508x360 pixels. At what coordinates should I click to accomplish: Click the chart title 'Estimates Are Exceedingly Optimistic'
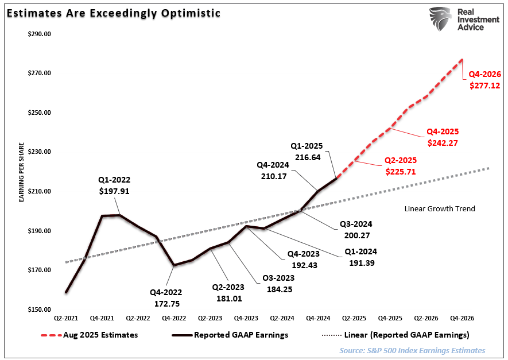(x=113, y=13)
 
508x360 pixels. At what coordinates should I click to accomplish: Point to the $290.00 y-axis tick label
(x=40, y=33)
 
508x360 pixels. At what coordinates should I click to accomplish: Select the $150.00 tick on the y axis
(x=40, y=309)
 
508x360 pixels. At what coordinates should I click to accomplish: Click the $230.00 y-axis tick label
(x=40, y=152)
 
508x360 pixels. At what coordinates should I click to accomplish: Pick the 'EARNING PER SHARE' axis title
(x=21, y=172)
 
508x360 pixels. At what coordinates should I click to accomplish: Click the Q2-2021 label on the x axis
(x=66, y=318)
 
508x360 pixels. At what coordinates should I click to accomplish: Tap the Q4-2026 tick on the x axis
(x=462, y=318)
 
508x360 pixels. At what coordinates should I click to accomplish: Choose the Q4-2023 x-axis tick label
(x=246, y=318)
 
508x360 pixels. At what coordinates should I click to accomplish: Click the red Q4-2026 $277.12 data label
(x=484, y=80)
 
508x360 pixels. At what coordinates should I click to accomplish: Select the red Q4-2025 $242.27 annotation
(x=442, y=137)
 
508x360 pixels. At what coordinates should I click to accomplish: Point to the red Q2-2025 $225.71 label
(x=400, y=165)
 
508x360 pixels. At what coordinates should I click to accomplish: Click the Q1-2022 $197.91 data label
(x=114, y=185)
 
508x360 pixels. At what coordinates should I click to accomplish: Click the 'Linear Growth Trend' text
(x=440, y=208)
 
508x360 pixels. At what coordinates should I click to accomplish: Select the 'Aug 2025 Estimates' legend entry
(x=90, y=335)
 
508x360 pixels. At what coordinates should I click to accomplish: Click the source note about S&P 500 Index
(x=412, y=350)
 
